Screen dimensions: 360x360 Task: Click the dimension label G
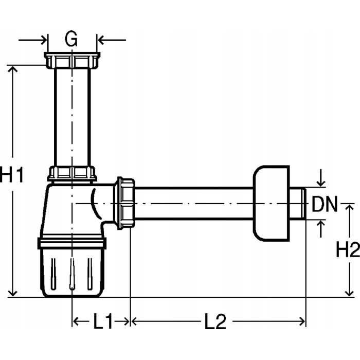pyautogui.click(x=72, y=39)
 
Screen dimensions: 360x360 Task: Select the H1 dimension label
pyautogui.click(x=11, y=175)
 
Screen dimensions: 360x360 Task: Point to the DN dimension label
pyautogui.click(x=325, y=205)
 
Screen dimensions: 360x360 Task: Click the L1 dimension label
pyautogui.click(x=102, y=322)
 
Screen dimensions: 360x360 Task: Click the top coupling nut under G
pyautogui.click(x=71, y=61)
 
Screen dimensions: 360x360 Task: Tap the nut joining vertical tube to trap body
pyautogui.click(x=72, y=173)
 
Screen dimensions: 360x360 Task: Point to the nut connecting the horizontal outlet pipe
pyautogui.click(x=125, y=203)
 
